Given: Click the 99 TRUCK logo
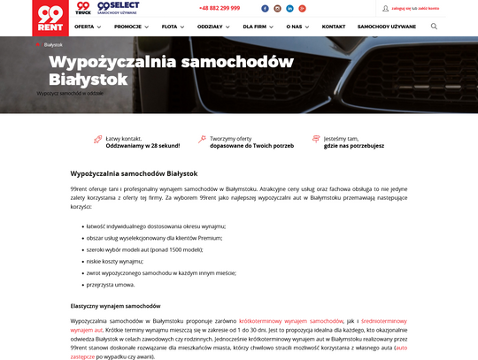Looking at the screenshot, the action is (83, 8).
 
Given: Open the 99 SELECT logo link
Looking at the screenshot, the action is (118, 8).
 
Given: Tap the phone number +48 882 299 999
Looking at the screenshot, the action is (220, 8).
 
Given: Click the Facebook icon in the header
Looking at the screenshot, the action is (265, 8).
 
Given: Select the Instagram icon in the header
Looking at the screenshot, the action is (277, 8).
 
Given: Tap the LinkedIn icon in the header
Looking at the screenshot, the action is (289, 8).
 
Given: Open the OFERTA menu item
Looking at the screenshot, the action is (87, 27).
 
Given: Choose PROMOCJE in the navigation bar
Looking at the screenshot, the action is (131, 27).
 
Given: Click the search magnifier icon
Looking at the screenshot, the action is (434, 27).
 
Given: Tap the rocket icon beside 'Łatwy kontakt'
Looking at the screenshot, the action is (97, 140).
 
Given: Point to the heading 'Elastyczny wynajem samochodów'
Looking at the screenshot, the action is (115, 305).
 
